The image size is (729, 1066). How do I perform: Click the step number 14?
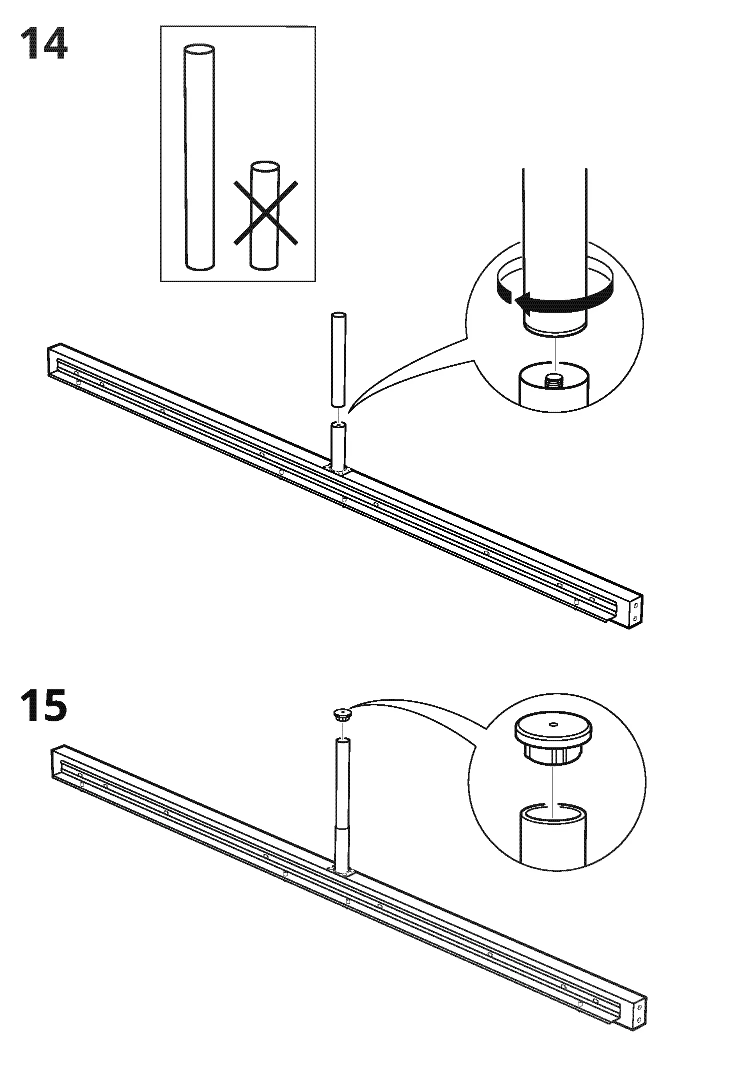44,45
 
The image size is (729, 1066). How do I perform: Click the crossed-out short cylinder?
265,215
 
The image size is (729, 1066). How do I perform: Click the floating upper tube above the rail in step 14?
338,360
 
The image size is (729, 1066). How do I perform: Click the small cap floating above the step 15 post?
341,714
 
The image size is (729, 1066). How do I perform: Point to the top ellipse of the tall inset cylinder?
199,51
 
